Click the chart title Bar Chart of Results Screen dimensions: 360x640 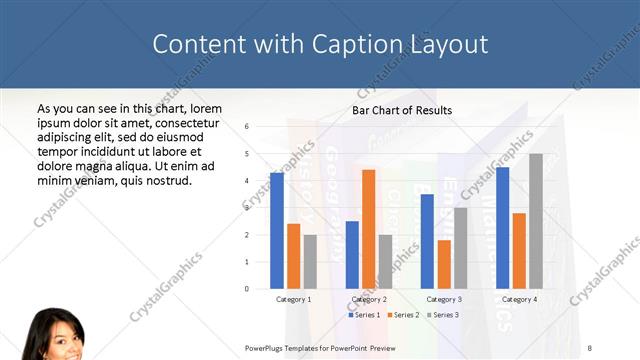tap(402, 110)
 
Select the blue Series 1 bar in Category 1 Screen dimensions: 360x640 tap(277, 231)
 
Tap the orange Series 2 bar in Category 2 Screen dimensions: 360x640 tap(368, 229)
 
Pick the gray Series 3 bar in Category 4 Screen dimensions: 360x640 tap(536, 221)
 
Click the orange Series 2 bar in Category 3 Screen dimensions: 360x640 tap(444, 264)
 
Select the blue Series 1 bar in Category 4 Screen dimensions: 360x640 tap(502, 228)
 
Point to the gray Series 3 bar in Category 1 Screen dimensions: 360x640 tap(310, 262)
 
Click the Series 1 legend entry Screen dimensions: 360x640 tap(363, 315)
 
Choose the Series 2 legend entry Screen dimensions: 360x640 tap(402, 315)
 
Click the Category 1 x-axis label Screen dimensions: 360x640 tap(293, 299)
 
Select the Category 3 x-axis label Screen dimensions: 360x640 tap(444, 299)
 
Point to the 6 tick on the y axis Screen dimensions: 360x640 tap(247, 127)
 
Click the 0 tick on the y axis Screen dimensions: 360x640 tap(247, 289)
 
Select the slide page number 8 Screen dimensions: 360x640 tap(589, 347)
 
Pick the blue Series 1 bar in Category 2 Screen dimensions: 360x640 tap(352, 255)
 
